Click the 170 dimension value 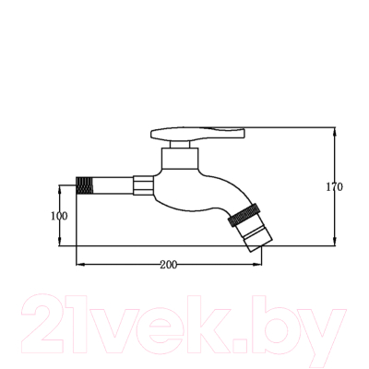point(334,186)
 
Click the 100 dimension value point(59,216)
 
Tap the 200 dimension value point(169,265)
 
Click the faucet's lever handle point(197,134)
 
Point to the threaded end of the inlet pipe point(84,185)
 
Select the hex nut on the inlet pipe point(143,185)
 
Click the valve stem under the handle point(180,145)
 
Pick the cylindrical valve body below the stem point(180,159)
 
